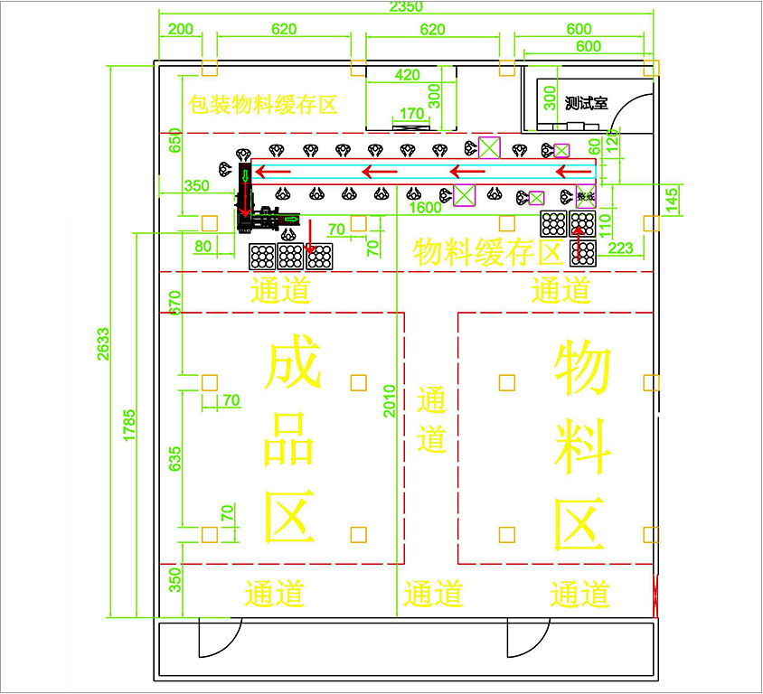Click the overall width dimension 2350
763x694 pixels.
click(x=407, y=7)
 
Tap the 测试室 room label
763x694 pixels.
click(x=586, y=103)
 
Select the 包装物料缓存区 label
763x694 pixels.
click(x=262, y=105)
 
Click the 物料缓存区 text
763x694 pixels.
click(x=488, y=252)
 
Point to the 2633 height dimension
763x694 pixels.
click(x=102, y=344)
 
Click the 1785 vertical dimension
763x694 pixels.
click(x=129, y=426)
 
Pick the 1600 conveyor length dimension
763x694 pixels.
click(x=424, y=207)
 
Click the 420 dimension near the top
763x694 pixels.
click(x=408, y=75)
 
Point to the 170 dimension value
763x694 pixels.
click(x=411, y=114)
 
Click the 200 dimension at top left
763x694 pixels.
click(x=181, y=29)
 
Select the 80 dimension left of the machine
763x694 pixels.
click(x=203, y=245)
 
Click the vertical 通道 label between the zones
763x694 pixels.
click(x=432, y=419)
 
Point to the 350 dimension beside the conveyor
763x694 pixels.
click(x=195, y=186)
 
